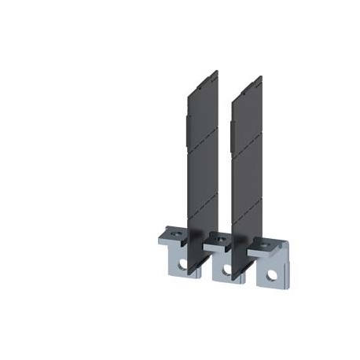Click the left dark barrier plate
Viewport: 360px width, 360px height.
[200, 157]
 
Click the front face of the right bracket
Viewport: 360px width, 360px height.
[271, 267]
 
